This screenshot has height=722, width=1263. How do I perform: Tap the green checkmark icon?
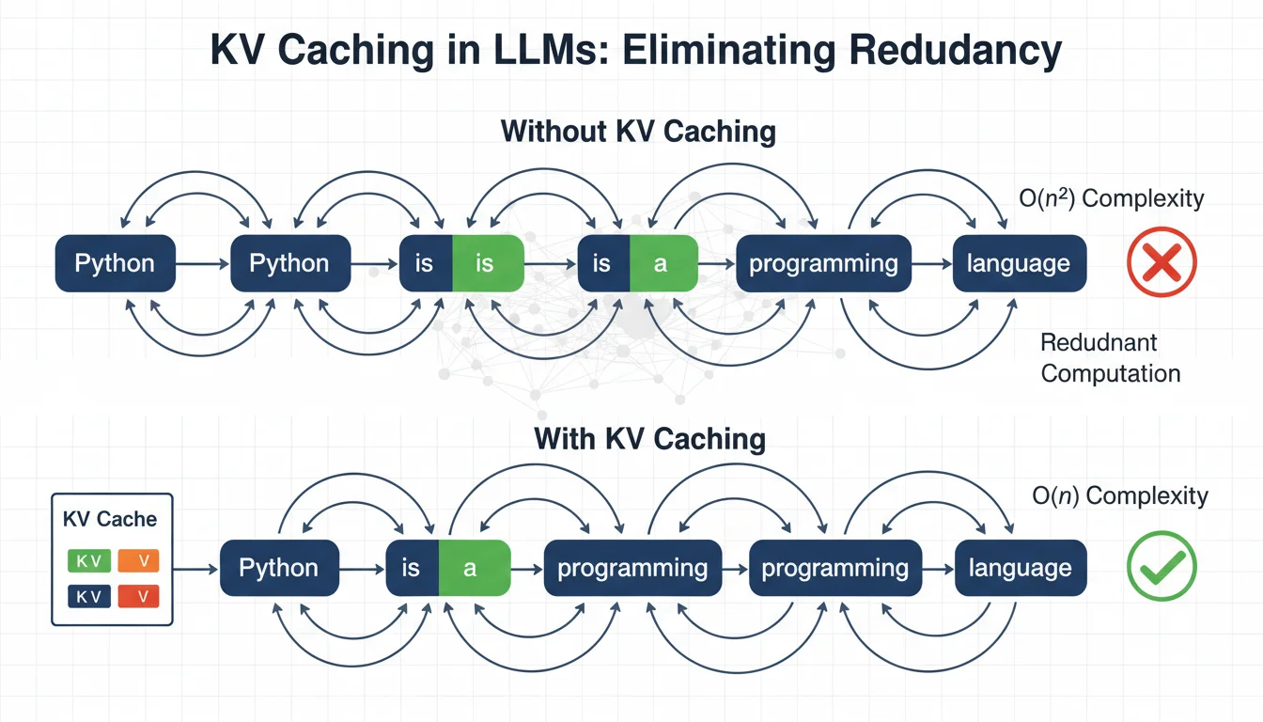[x=1162, y=568]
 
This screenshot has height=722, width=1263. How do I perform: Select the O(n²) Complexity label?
[x=1112, y=198]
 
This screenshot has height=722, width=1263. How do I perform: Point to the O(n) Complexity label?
[x=1119, y=495]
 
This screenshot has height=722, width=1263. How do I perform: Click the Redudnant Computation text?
[x=1110, y=358]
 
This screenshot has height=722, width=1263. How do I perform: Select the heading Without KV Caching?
[x=638, y=131]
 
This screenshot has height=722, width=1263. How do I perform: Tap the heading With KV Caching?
[x=649, y=438]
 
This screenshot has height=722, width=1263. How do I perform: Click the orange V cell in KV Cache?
[x=138, y=561]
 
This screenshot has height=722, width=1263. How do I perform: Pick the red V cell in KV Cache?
[x=138, y=596]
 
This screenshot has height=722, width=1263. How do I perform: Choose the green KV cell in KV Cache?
[x=88, y=561]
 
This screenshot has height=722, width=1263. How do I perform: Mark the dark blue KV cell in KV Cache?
[x=88, y=596]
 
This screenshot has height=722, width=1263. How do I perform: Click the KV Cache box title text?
[x=110, y=519]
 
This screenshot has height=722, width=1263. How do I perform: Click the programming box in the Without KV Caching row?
[x=823, y=263]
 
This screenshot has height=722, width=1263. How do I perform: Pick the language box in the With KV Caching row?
[x=1020, y=568]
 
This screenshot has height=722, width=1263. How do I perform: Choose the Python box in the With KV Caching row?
[x=278, y=568]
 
